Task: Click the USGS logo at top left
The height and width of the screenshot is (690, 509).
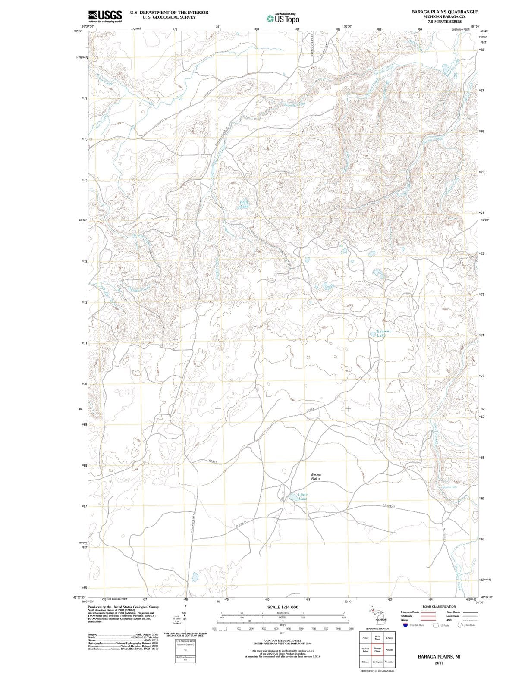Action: [x=105, y=16]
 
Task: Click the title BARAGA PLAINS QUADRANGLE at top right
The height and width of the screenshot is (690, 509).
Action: [x=444, y=12]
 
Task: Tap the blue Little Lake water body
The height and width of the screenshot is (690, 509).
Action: [x=293, y=497]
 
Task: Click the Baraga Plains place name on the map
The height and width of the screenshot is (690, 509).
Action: [x=316, y=476]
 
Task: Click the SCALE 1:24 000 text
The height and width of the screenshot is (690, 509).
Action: [x=283, y=607]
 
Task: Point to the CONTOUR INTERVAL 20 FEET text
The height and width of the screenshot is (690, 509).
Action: [x=283, y=641]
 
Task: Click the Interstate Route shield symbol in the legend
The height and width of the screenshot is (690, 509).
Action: [x=405, y=625]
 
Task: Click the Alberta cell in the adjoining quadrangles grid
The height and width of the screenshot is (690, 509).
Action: [x=390, y=649]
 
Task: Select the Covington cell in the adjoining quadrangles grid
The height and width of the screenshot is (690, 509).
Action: [x=377, y=662]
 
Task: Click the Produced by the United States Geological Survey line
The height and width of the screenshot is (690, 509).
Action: [x=123, y=607]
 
